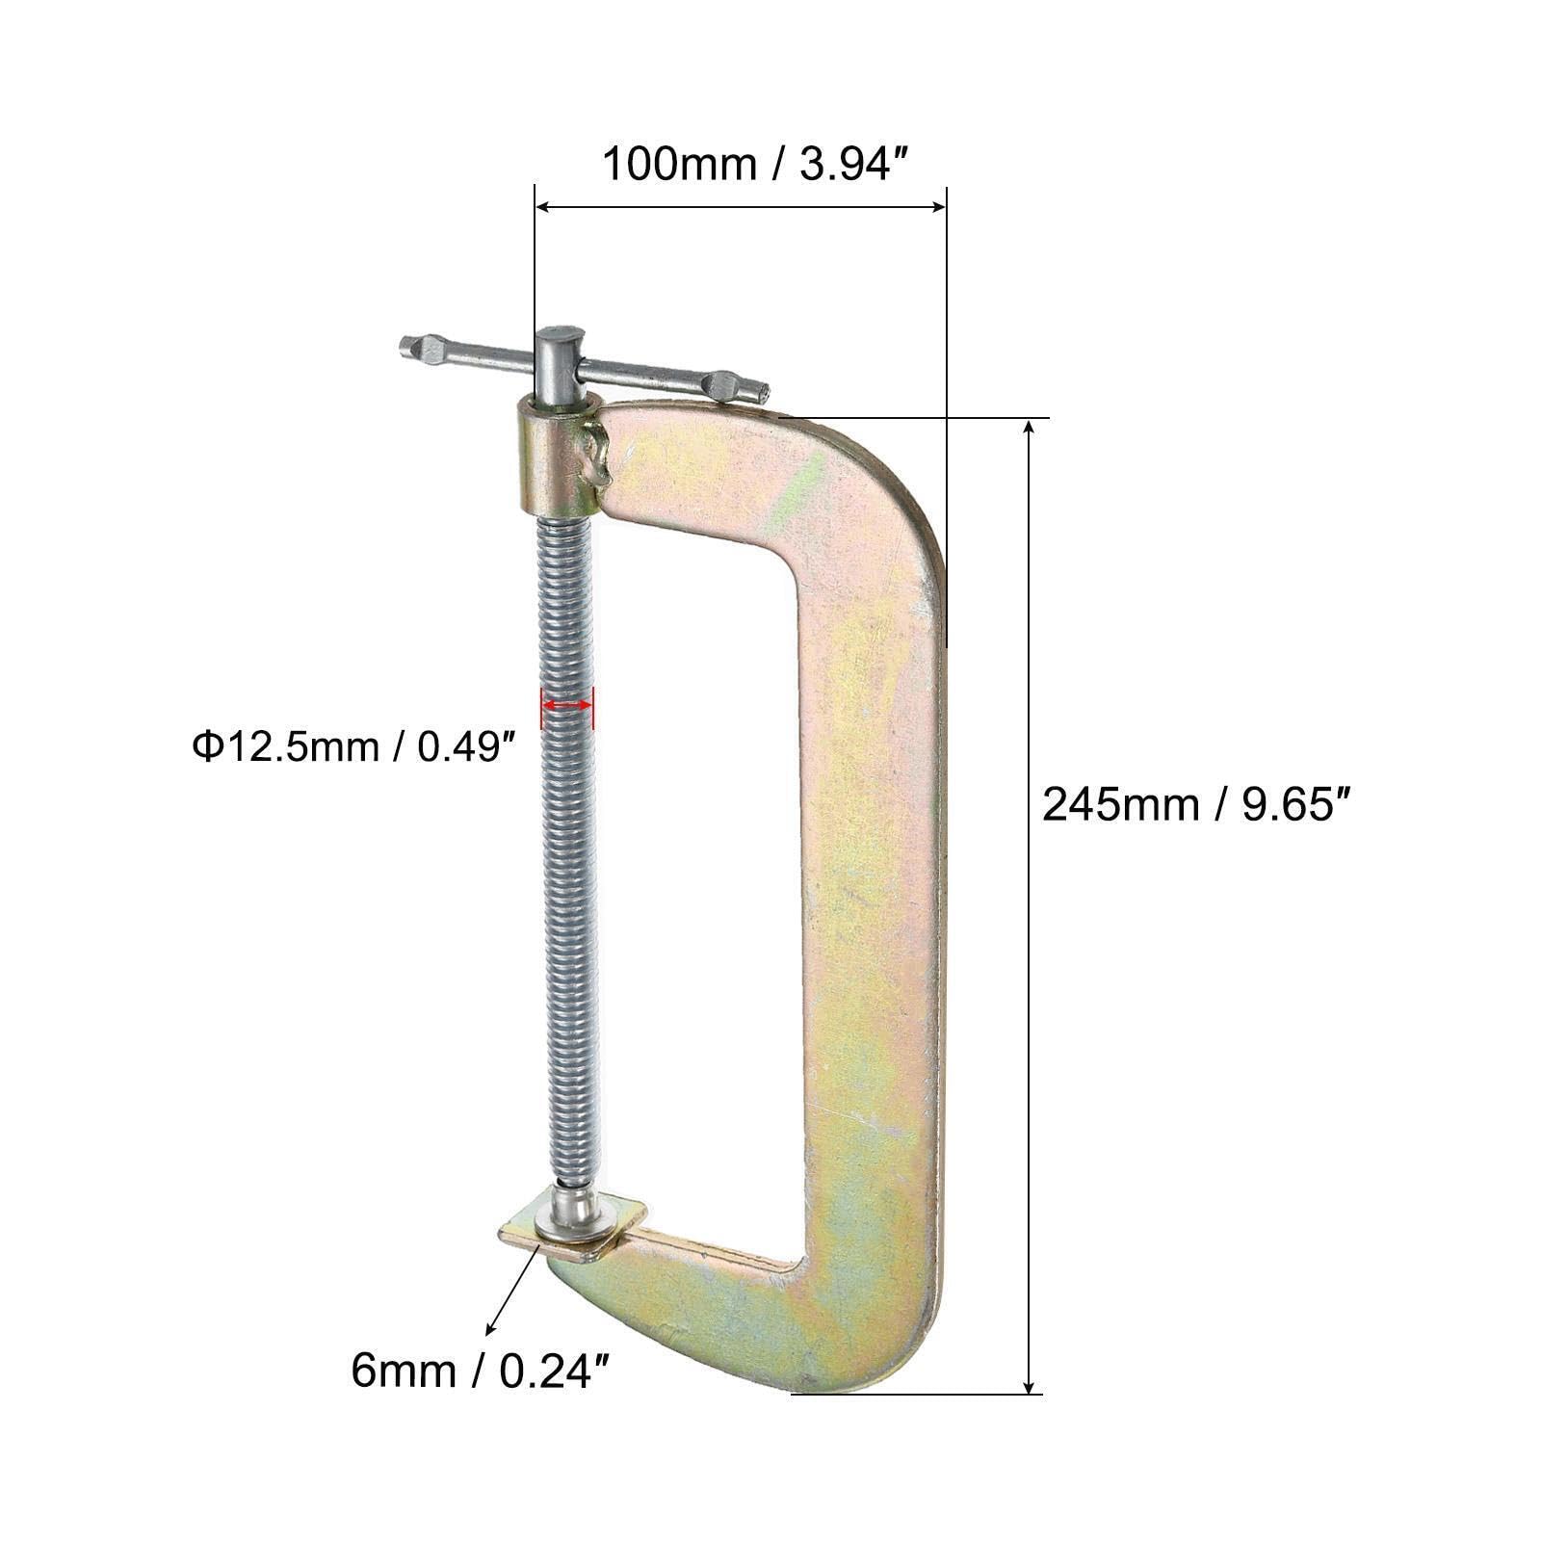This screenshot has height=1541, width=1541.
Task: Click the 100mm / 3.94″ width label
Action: tap(756, 165)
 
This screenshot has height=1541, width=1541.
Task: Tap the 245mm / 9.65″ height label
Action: tap(1200, 804)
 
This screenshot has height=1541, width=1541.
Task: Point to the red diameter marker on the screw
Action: tap(567, 705)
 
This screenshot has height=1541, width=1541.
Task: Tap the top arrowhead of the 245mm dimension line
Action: tap(1032, 428)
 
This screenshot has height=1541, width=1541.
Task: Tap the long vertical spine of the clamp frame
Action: tap(867, 915)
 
